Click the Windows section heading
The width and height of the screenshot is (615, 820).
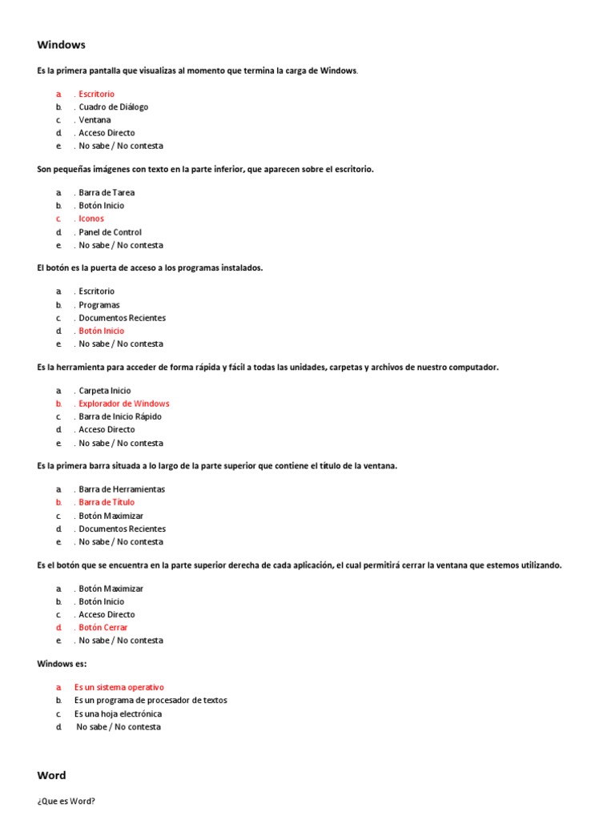tap(61, 45)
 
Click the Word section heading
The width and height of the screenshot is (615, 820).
tap(51, 775)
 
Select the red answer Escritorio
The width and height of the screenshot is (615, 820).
tap(96, 94)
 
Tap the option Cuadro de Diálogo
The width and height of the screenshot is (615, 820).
tap(113, 107)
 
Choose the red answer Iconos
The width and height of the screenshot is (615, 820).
tap(91, 219)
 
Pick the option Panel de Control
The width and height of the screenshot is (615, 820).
tap(110, 232)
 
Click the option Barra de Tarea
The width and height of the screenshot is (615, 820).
tap(107, 192)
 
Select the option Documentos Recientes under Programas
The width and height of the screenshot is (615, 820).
tap(122, 318)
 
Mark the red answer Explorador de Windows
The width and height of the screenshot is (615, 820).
tap(123, 404)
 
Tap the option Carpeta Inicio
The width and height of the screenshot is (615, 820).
tap(104, 391)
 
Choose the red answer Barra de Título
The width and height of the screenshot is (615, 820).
tap(107, 502)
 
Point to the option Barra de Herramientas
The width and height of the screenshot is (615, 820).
tap(122, 489)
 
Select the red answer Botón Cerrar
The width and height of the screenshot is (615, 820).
tap(102, 627)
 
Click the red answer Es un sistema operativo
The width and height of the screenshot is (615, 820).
tap(119, 687)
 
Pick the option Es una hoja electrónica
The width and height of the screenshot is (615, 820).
tap(118, 713)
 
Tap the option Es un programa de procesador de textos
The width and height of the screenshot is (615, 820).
tap(151, 700)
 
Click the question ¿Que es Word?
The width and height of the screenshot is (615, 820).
tap(66, 801)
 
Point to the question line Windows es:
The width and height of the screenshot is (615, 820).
tap(62, 664)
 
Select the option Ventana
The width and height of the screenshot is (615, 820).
tap(94, 120)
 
